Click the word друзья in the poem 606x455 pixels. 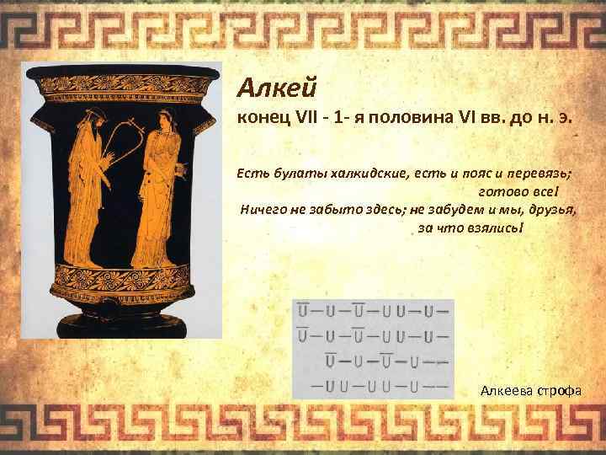click(551, 211)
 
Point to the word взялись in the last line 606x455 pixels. click(500, 229)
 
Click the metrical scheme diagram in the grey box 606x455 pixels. click(372, 347)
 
